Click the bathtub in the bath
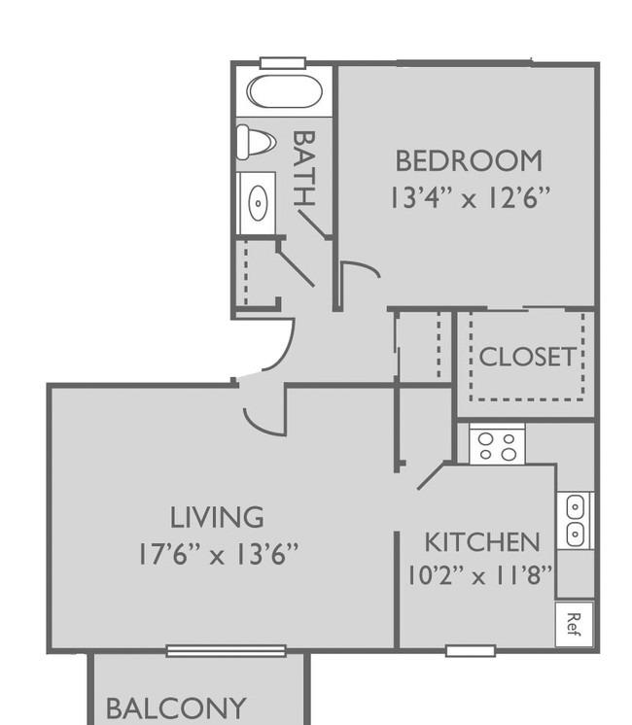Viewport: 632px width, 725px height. point(284,91)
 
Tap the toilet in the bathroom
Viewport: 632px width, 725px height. point(256,142)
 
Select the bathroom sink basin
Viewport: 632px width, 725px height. point(258,203)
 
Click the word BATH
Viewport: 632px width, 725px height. point(304,168)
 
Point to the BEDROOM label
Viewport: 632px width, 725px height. point(469,160)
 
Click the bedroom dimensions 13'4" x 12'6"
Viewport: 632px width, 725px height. point(470,197)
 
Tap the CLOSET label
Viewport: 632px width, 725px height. point(527,357)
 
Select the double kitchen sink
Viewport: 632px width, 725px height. point(575,521)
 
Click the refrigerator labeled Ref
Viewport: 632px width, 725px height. point(574,624)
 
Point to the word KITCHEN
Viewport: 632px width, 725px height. point(482,542)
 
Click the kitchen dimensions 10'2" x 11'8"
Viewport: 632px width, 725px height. point(479,575)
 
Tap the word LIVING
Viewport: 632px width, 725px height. point(217,517)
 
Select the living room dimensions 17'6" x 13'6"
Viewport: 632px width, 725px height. point(219,553)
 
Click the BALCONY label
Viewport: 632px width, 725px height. point(176,708)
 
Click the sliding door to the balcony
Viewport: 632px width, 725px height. point(227,651)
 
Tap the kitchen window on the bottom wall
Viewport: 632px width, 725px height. point(471,651)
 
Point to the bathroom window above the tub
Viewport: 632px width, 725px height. point(283,63)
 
